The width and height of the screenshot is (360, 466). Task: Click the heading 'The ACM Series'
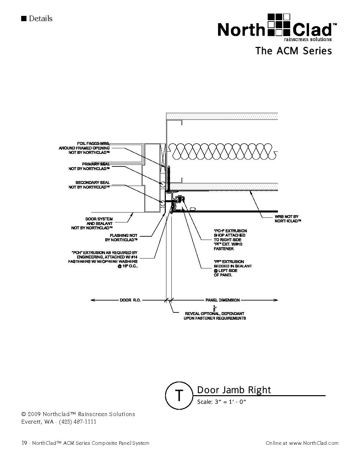pos(293,51)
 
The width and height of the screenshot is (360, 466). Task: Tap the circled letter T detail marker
pos(179,395)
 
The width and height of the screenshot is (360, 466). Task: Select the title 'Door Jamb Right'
pos(234,390)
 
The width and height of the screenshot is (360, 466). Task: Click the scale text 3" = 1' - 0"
pos(222,402)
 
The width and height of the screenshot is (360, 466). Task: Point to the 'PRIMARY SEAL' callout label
pos(96,164)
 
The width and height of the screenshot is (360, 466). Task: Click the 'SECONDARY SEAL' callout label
pos(92,183)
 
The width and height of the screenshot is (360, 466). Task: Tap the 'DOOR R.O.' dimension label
pos(130,300)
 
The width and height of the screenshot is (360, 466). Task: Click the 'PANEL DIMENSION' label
pos(222,300)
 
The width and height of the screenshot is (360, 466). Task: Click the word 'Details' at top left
pos(41,19)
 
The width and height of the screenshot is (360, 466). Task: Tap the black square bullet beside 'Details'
pos(23,18)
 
